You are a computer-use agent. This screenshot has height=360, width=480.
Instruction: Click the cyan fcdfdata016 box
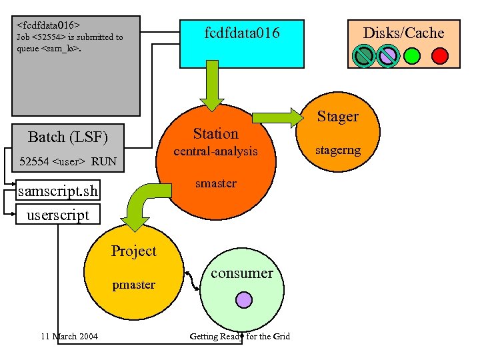coord(241,41)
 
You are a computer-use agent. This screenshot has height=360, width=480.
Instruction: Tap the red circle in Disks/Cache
coord(440,55)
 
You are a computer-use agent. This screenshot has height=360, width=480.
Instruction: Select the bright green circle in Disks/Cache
coord(413,55)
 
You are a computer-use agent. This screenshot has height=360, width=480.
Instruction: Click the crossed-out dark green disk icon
coord(364,55)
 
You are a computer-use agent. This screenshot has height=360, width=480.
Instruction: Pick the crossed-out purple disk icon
coord(388,55)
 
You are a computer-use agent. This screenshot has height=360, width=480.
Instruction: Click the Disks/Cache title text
coord(403,33)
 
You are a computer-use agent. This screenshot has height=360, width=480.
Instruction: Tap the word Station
coord(215,133)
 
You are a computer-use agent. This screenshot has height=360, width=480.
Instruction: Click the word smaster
coord(215,183)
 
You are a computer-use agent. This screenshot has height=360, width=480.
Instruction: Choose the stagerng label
coord(338,150)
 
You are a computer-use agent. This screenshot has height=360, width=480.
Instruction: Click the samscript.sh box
coord(59,192)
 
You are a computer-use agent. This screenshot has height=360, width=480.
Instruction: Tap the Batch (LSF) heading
coord(67,137)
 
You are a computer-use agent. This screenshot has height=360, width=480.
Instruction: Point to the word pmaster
coord(133,285)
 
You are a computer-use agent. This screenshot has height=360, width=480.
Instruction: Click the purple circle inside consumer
coord(243,299)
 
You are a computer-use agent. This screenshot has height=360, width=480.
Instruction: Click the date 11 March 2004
coord(69,336)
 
